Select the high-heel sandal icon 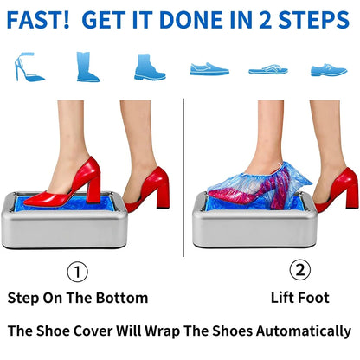point(29,67)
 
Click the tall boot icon point(87,67)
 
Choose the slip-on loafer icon point(209,67)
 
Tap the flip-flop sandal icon point(267,68)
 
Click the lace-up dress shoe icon point(328,68)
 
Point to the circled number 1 point(78,272)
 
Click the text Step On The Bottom point(78,298)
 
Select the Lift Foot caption point(300,298)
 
